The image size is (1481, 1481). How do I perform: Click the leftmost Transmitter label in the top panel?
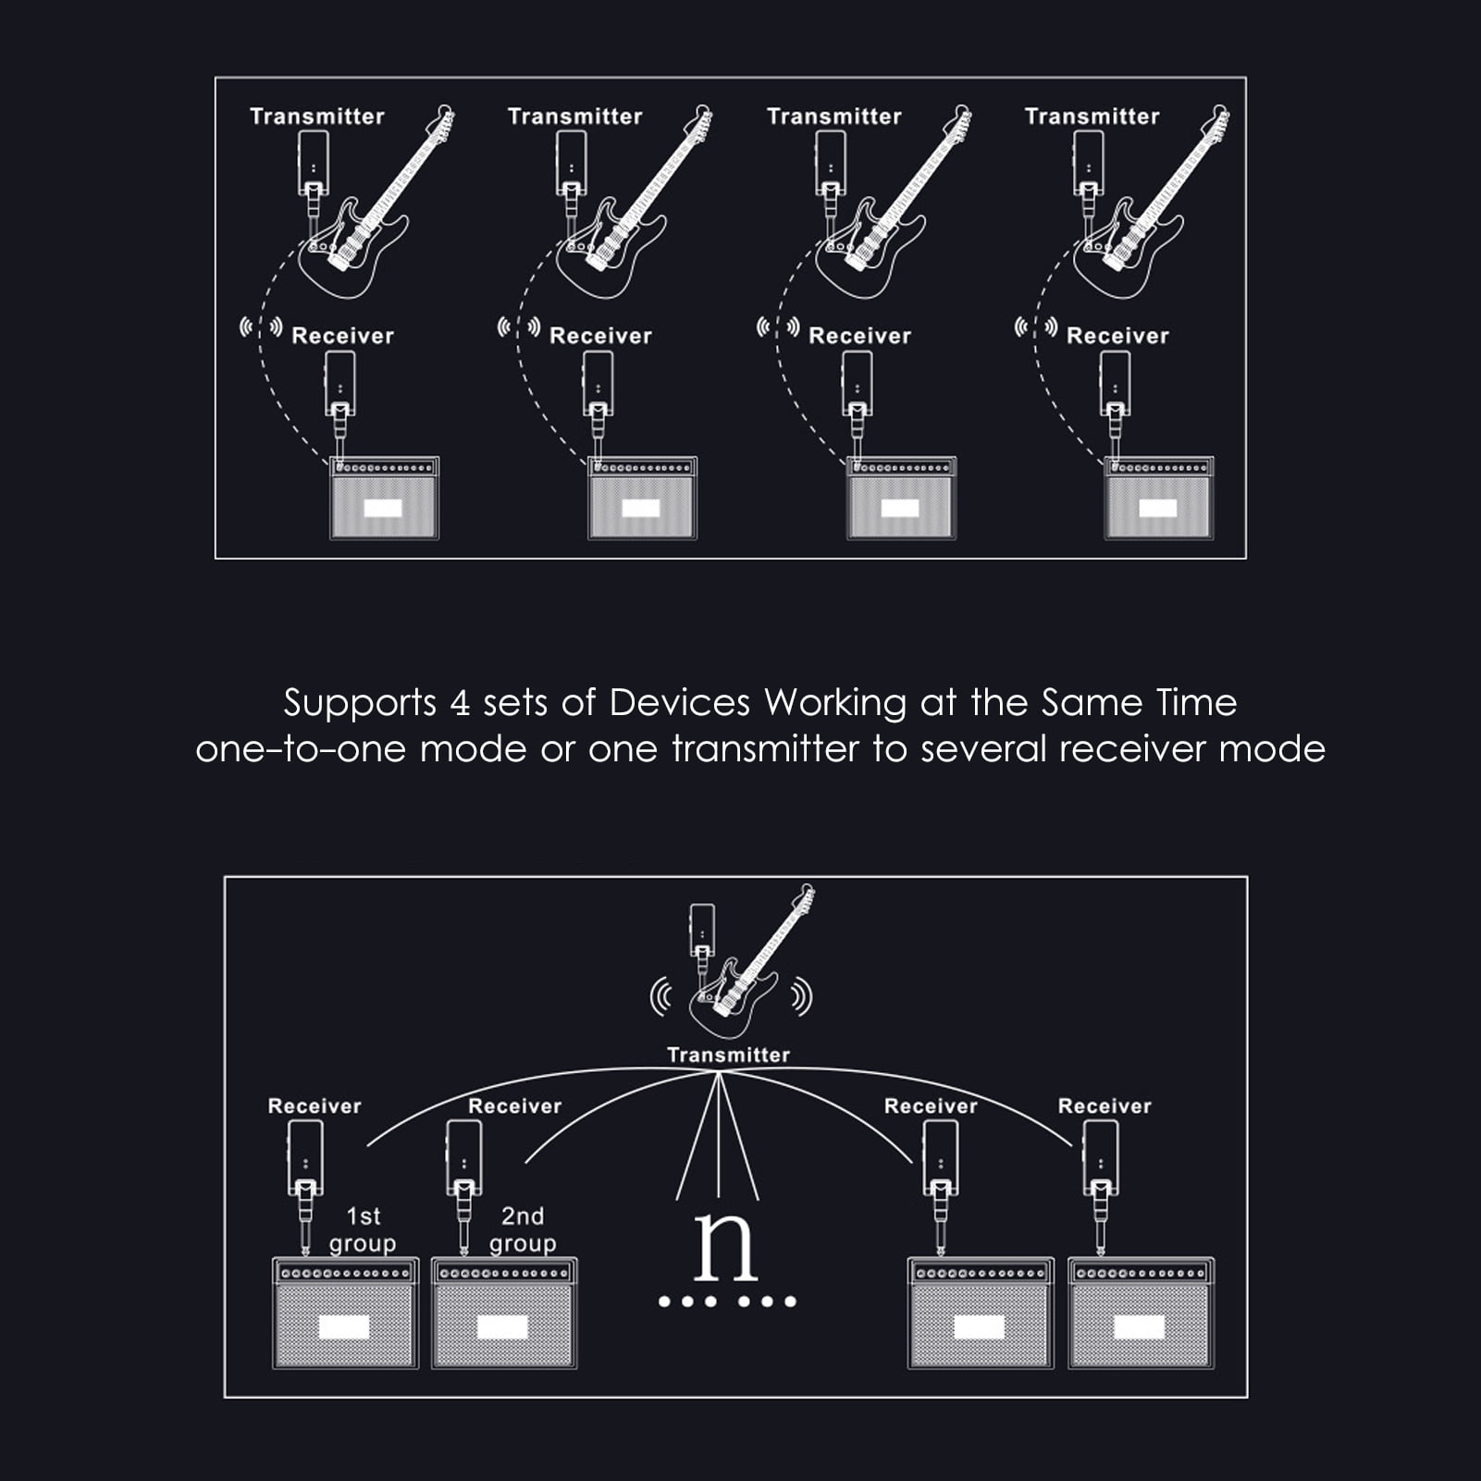(x=317, y=117)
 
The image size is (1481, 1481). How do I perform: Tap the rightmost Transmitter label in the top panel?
(x=1092, y=117)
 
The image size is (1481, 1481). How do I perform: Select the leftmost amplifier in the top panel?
(x=385, y=498)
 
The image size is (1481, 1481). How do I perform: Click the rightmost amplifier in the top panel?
(x=1159, y=498)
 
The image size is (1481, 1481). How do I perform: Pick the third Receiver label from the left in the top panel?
(x=859, y=336)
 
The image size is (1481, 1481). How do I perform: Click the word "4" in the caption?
(x=460, y=704)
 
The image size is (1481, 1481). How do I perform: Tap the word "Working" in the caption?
(x=835, y=704)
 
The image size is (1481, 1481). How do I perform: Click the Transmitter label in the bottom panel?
(x=729, y=1055)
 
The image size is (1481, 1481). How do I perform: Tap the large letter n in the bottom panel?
(x=726, y=1246)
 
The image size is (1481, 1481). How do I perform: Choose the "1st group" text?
(x=363, y=1230)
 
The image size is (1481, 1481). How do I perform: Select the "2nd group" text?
(x=523, y=1230)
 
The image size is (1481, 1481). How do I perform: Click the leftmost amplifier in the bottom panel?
(x=345, y=1313)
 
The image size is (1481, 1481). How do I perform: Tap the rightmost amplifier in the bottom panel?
(x=1141, y=1313)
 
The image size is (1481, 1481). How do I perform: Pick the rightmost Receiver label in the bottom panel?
(x=1105, y=1106)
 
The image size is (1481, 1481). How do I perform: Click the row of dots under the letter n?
(x=727, y=1302)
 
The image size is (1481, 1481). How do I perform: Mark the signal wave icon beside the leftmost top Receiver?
(x=261, y=327)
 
